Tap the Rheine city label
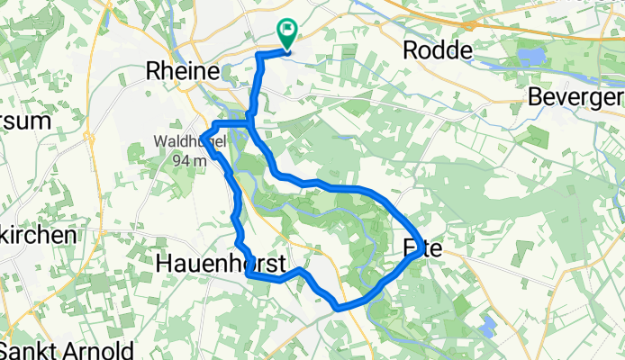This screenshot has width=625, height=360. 183,71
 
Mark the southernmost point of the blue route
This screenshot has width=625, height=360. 339,307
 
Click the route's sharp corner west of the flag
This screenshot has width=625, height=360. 259,56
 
